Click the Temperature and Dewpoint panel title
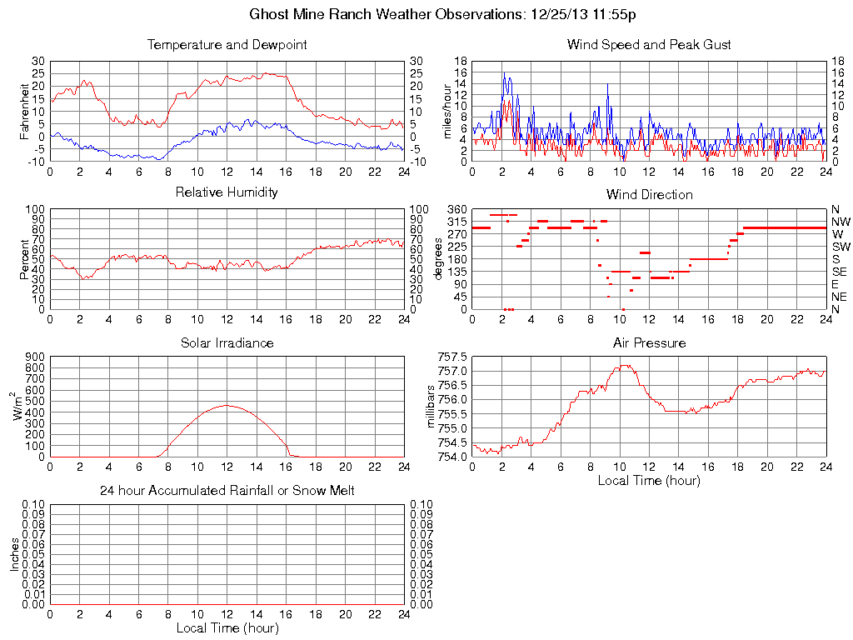click(x=227, y=44)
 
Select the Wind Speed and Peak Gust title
click(x=649, y=44)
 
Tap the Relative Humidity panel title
click(x=227, y=192)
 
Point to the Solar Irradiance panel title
click(x=227, y=342)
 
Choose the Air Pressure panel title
click(x=649, y=342)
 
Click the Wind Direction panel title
click(x=649, y=194)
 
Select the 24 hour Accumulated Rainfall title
click(x=227, y=491)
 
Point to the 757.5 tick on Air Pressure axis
click(x=453, y=356)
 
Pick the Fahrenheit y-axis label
click(x=26, y=111)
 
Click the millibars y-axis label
click(x=431, y=406)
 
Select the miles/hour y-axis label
click(x=447, y=111)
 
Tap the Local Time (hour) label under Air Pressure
click(x=649, y=480)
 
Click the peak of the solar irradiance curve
click(x=227, y=405)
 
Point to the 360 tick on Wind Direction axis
click(x=456, y=208)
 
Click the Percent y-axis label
click(x=26, y=259)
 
